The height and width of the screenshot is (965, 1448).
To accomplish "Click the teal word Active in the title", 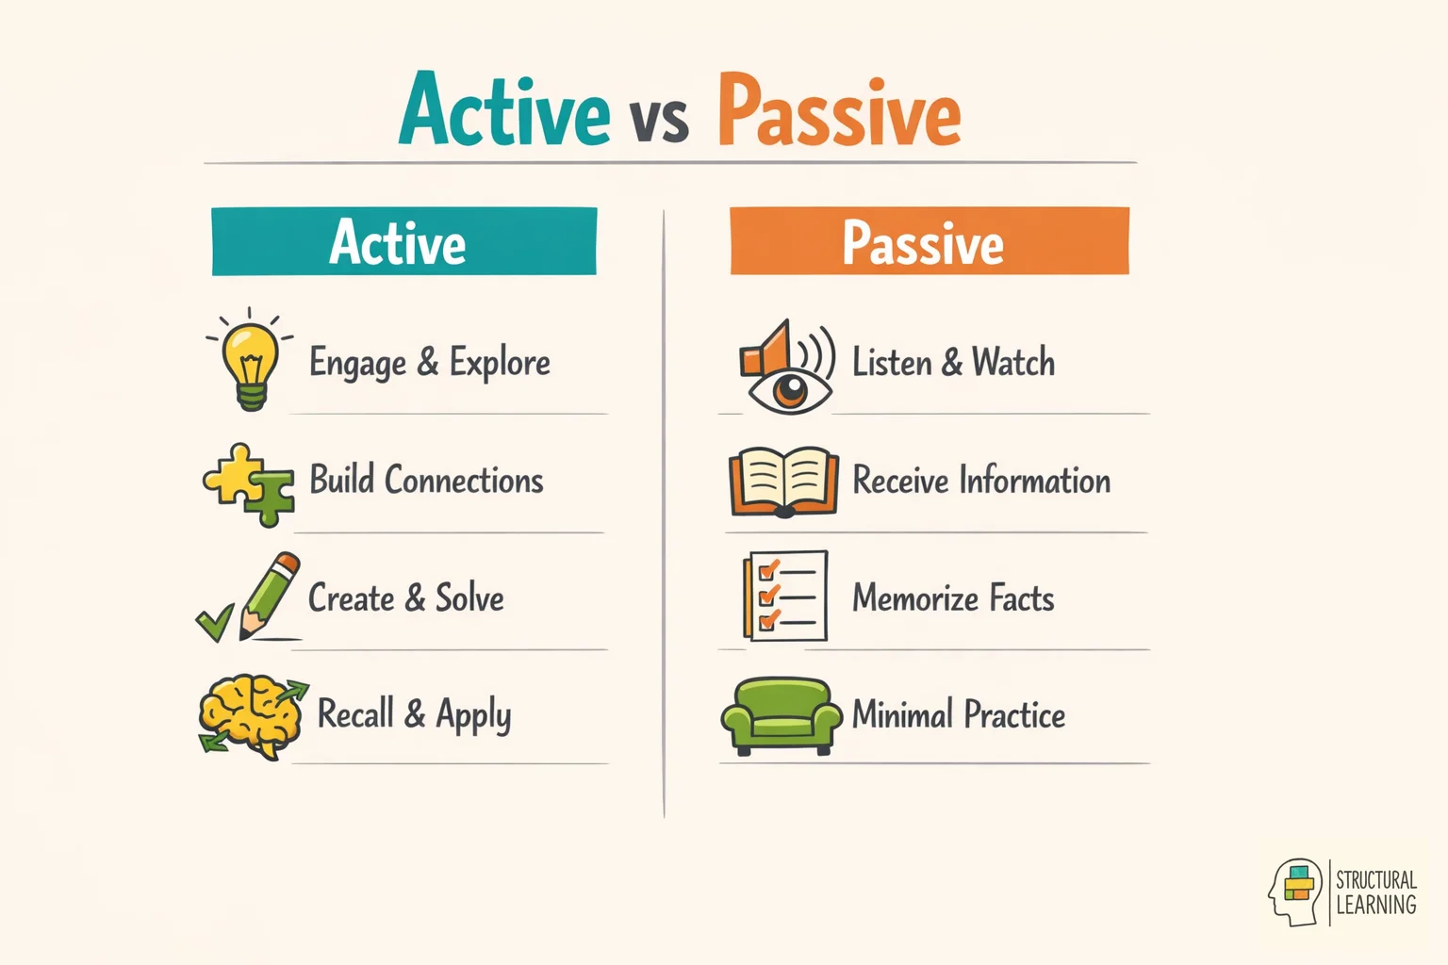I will tap(504, 111).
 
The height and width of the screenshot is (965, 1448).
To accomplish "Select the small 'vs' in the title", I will tap(660, 121).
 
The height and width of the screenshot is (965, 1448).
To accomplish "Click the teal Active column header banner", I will tap(403, 241).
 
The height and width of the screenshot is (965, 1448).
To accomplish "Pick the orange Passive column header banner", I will tap(929, 241).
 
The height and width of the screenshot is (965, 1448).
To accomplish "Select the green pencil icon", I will tap(271, 596).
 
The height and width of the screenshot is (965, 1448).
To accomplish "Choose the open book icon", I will tap(783, 482).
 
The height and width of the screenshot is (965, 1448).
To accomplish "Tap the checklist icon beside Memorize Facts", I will tap(785, 597).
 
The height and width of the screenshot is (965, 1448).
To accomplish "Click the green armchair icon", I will tap(781, 715).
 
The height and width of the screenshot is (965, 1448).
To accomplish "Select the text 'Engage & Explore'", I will tap(430, 363).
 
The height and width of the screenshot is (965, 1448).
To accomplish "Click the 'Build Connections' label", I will tap(426, 481).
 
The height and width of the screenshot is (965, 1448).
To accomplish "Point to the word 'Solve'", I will tap(469, 598).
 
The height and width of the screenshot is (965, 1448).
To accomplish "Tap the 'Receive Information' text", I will tap(981, 481).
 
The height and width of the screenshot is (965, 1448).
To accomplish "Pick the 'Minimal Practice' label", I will tap(959, 715).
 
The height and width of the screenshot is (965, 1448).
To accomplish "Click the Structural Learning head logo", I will tap(1296, 891).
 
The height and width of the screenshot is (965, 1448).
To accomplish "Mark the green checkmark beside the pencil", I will tap(215, 622).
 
